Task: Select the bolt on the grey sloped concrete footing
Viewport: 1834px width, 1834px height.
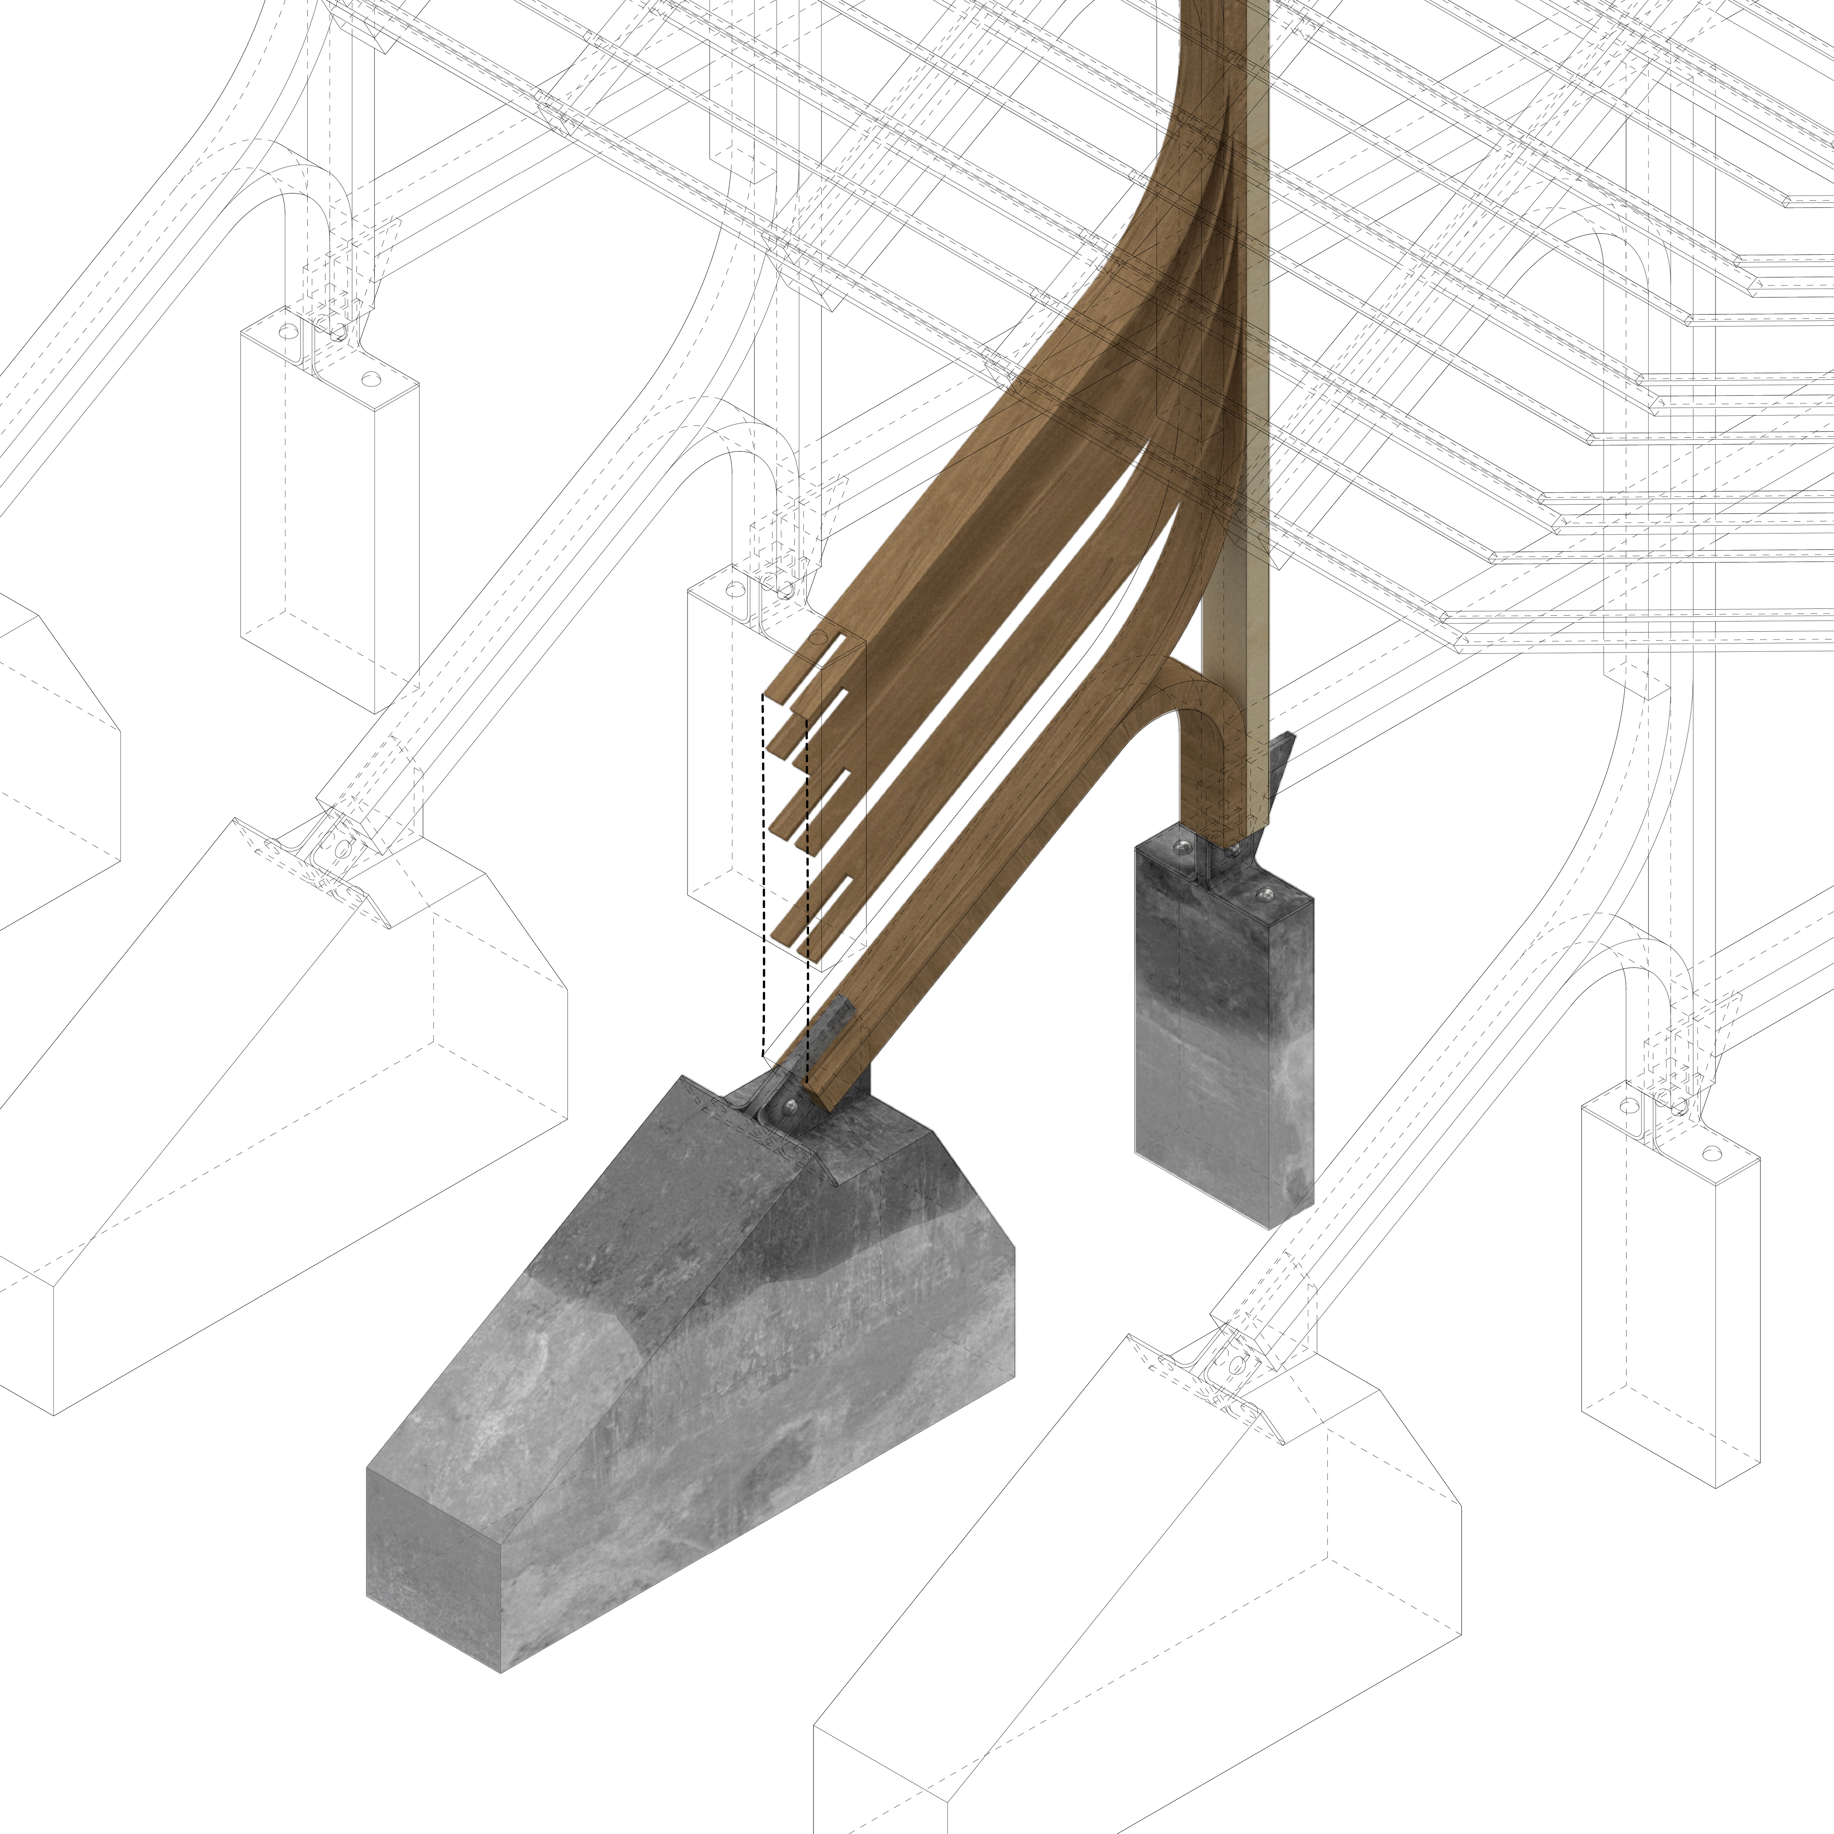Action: coord(790,1104)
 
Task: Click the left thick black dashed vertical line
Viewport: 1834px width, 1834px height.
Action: coord(763,873)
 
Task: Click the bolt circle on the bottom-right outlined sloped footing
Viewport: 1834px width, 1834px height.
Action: coord(1237,1364)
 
